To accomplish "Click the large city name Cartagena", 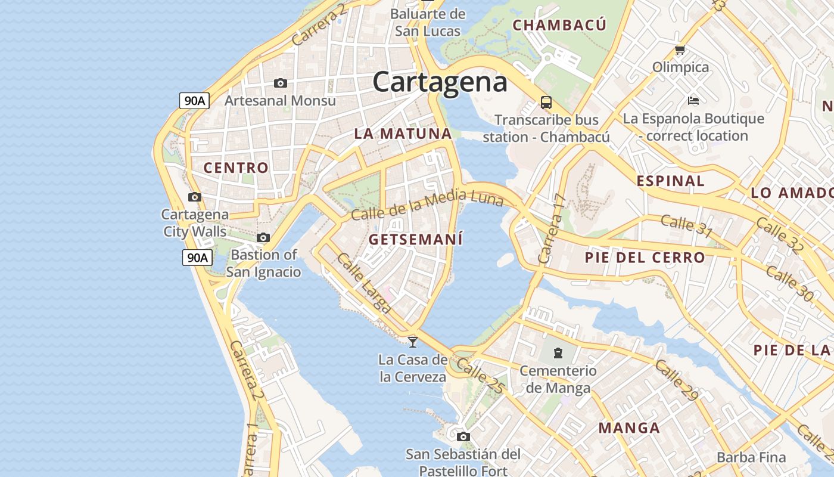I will [x=440, y=82].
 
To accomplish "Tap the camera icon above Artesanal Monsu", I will [x=280, y=83].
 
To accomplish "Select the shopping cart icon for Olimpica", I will [x=680, y=50].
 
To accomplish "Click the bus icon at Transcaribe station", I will [x=546, y=102].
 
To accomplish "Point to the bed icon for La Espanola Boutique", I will [x=693, y=100].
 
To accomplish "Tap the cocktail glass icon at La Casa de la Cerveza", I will [x=412, y=342].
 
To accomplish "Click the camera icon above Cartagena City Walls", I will [x=194, y=197].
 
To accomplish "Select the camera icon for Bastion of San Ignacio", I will [x=263, y=237].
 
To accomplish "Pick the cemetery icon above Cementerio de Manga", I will [x=558, y=353].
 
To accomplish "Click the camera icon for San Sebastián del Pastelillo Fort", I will [x=463, y=436].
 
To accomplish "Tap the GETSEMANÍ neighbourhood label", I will [x=415, y=240].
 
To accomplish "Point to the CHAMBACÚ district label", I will [x=559, y=25].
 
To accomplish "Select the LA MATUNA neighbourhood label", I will [x=403, y=134].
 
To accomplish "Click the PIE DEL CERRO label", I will [x=645, y=258].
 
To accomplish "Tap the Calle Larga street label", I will [x=364, y=283].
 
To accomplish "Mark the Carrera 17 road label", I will [x=551, y=229].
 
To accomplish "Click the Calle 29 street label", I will [x=676, y=380].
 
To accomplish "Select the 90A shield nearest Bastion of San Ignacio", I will [x=197, y=258].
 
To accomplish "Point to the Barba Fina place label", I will [x=751, y=457].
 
